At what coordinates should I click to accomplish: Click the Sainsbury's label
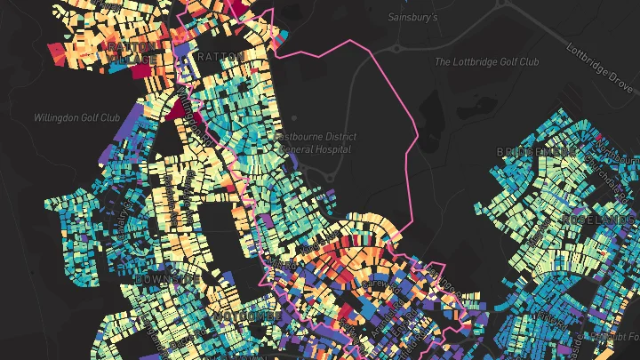coord(413,17)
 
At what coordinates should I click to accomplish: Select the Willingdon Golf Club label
coord(76,117)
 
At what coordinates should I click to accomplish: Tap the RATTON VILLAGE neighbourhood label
coord(131,52)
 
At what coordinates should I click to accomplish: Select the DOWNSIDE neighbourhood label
coord(167,279)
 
